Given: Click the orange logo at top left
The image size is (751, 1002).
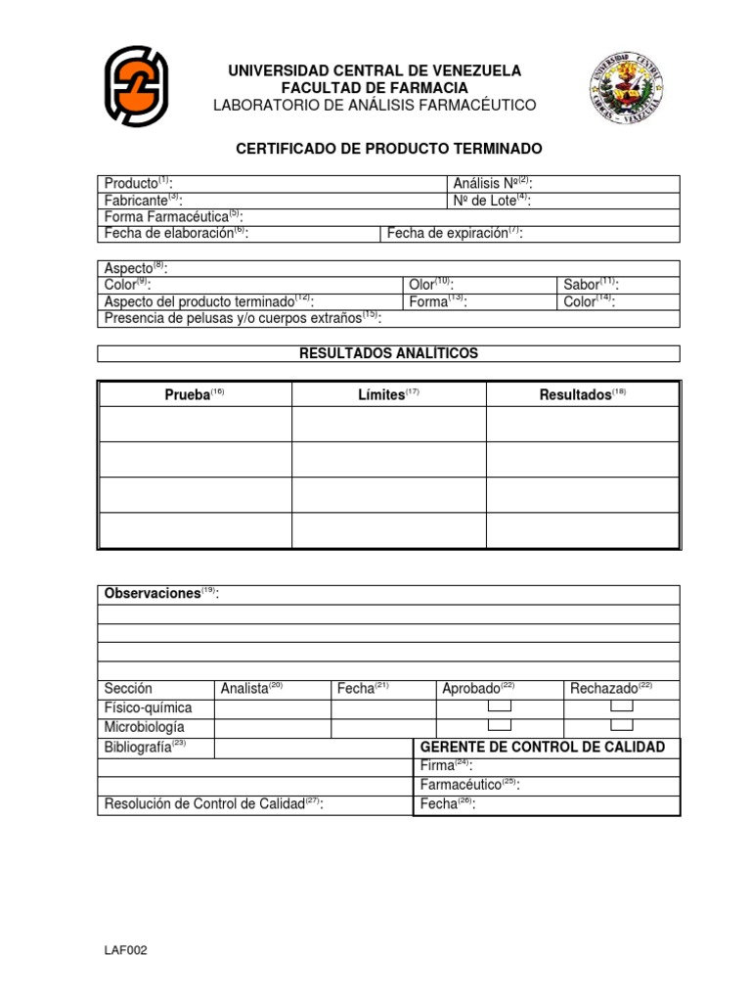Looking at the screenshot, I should coord(137,87).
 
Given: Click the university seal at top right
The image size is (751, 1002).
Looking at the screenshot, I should coord(626,86).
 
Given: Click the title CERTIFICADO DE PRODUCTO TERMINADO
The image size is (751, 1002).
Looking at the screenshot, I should coord(389,149).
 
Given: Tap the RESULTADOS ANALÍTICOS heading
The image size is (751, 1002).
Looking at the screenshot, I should coord(388,353).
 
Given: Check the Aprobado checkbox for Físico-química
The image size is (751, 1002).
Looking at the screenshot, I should coord(500,706).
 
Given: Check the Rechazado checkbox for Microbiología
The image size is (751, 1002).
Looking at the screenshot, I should coord(622,725).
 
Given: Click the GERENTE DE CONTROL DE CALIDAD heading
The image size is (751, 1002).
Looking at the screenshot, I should coord(543,748).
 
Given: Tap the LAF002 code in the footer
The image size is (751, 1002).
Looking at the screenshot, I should coord(126,950).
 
